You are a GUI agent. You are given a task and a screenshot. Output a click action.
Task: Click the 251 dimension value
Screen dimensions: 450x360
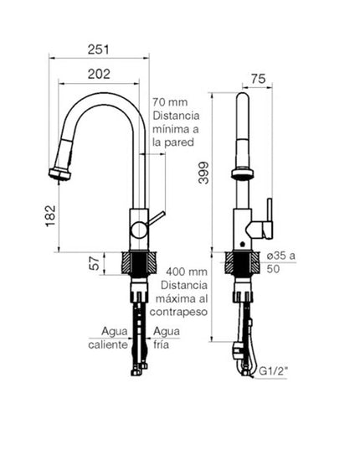(100, 49)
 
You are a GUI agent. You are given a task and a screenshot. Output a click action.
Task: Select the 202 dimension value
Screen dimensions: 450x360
(100, 75)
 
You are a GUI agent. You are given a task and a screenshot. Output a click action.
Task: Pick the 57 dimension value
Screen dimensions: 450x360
(95, 263)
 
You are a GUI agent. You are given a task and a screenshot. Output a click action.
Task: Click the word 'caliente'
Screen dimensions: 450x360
(108, 344)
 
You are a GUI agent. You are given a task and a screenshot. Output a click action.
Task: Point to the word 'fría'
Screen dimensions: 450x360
(161, 344)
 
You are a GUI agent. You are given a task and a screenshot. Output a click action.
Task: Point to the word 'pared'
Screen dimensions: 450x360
(180, 143)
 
